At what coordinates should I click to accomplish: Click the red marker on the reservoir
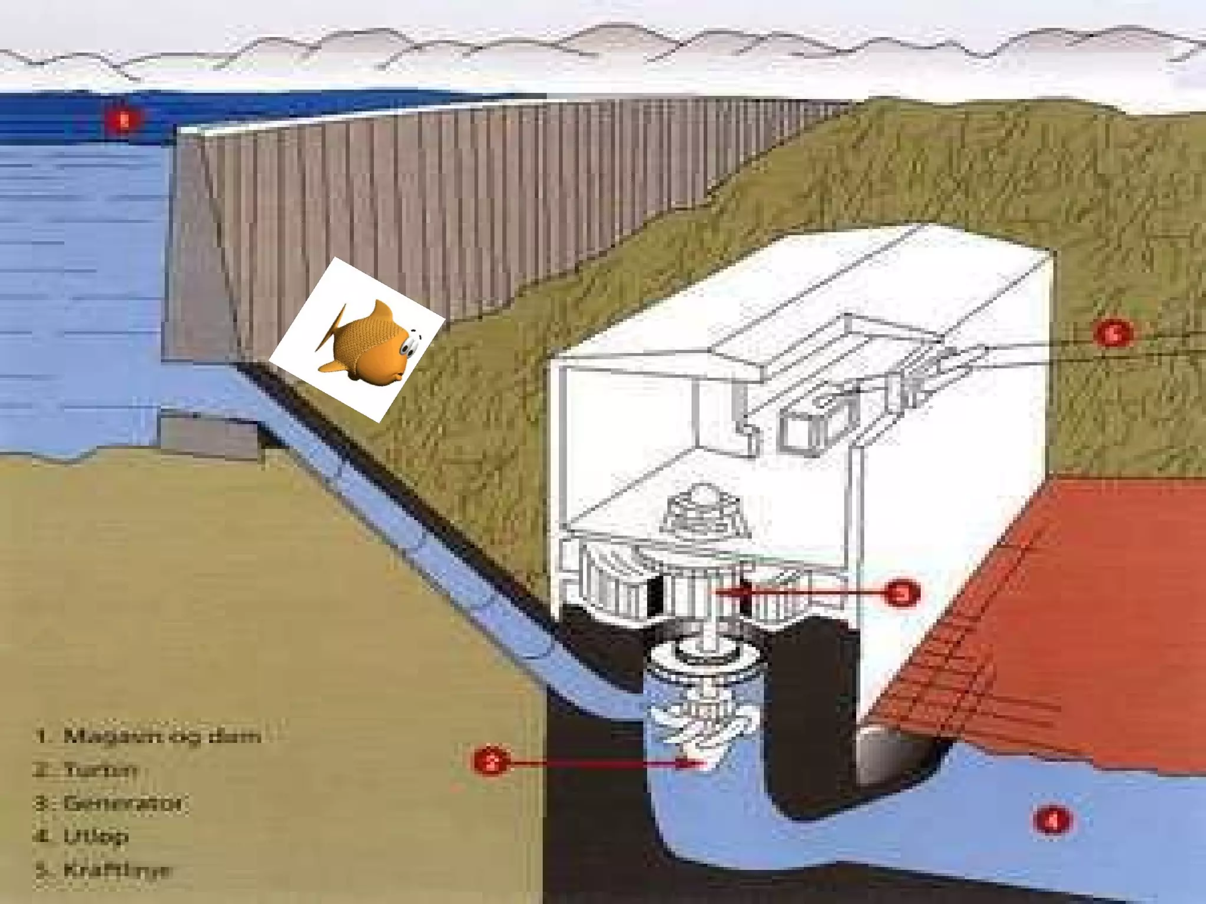coord(124,121)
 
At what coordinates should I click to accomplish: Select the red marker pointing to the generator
coord(902,593)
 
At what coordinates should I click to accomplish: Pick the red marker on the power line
coord(1112,334)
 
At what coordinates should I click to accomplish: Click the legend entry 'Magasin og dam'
coord(147,736)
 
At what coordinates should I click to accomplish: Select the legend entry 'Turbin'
coord(85,770)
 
